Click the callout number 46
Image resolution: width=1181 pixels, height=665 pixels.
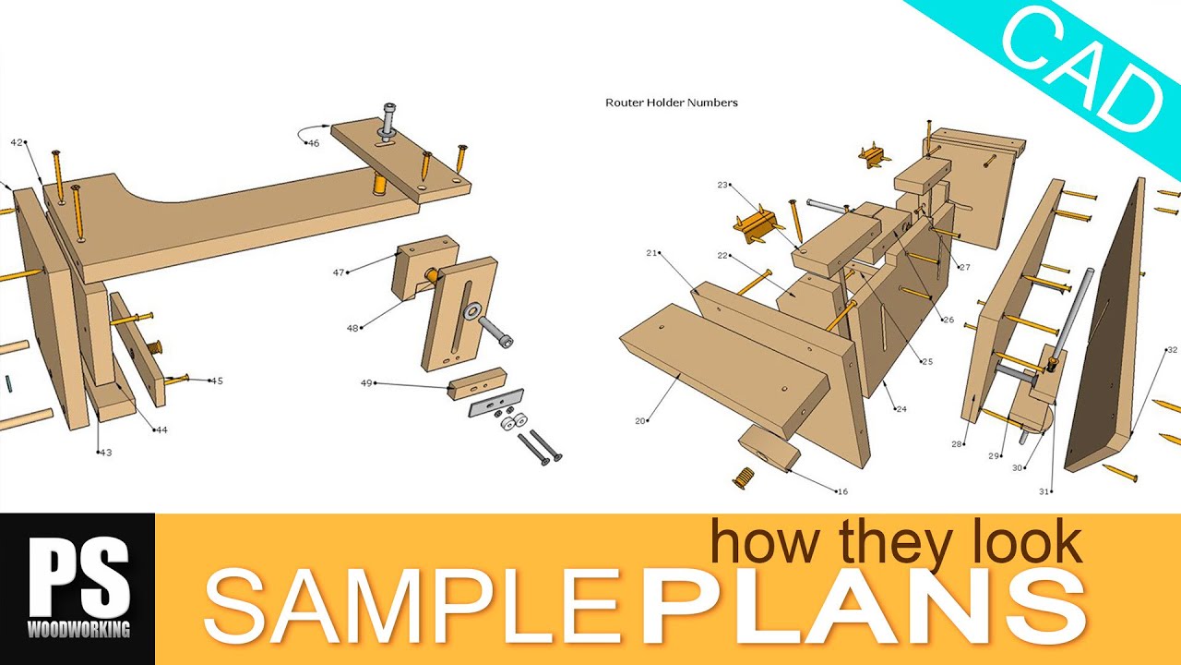tap(314, 143)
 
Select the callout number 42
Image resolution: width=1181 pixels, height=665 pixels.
tap(17, 142)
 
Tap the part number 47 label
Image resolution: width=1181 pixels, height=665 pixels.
tap(339, 272)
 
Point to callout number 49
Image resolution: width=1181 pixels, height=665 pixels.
tap(366, 383)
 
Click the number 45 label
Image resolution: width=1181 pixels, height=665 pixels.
tap(217, 381)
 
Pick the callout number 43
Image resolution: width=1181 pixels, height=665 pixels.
tap(106, 453)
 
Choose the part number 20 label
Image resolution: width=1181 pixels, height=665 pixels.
tap(640, 421)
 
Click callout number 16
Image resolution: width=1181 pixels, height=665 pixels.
tap(842, 492)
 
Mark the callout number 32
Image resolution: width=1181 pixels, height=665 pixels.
tap(1172, 350)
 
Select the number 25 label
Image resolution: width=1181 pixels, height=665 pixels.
tap(927, 361)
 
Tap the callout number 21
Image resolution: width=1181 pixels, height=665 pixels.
tap(651, 253)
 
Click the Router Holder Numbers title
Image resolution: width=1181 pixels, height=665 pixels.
tap(671, 103)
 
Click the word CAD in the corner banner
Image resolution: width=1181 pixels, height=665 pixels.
tap(1083, 72)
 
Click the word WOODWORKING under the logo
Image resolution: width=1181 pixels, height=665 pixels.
tap(78, 629)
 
